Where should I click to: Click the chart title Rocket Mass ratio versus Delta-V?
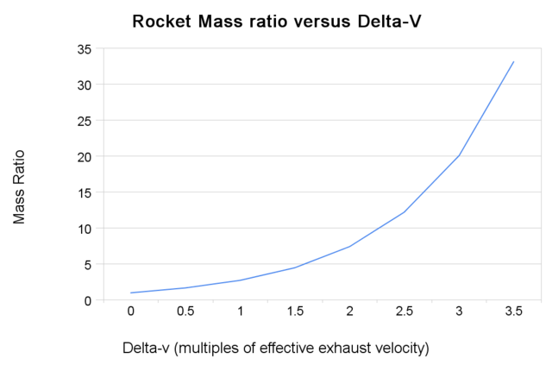[275, 21]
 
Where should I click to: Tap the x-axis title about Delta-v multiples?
[275, 348]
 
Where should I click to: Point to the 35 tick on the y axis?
[85, 49]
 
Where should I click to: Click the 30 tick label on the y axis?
[85, 85]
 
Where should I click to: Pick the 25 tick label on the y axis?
[85, 121]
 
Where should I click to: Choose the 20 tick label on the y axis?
[85, 157]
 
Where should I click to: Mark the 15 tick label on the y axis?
[85, 192]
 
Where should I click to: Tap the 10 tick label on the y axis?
[85, 229]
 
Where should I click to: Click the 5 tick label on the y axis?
[88, 265]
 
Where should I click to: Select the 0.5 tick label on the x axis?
[185, 312]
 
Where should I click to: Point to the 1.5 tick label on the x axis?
[295, 312]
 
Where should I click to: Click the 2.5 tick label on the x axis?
[405, 312]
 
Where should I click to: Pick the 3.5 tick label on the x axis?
[513, 312]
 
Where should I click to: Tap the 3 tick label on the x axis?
[459, 312]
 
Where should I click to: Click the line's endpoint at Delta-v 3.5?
[513, 61]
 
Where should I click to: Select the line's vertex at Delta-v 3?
[459, 156]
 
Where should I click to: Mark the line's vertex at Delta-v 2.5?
[405, 212]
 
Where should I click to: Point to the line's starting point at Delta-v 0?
[131, 293]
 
